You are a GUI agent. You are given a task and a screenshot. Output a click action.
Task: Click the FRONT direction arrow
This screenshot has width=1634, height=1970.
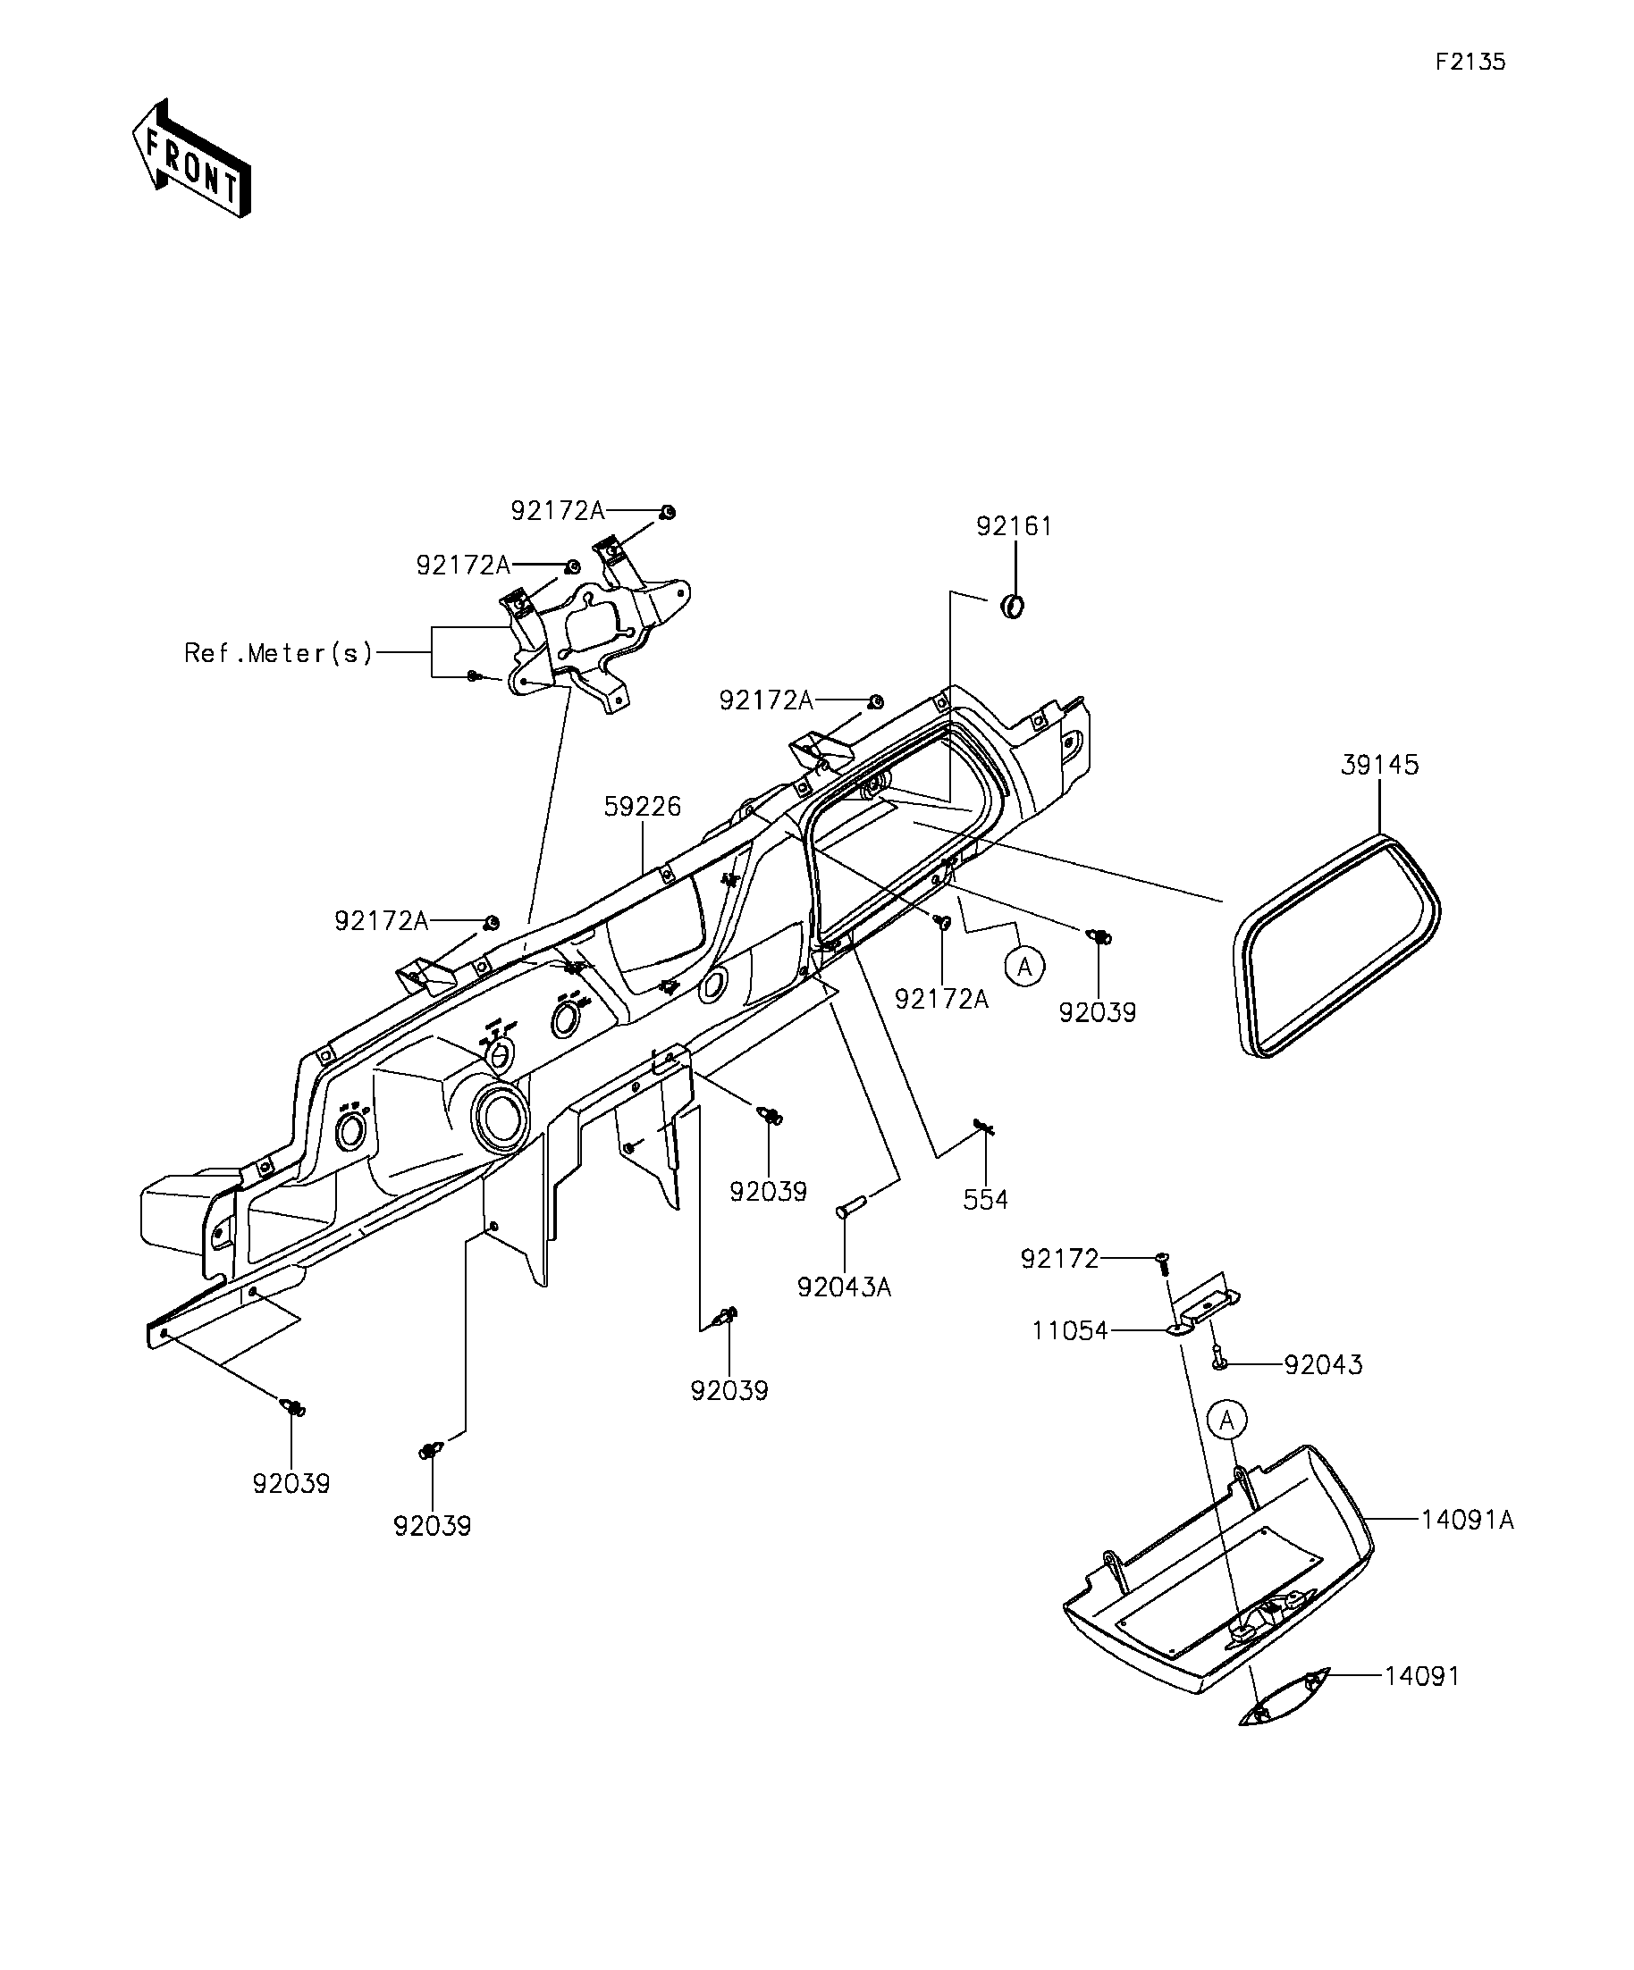(191, 158)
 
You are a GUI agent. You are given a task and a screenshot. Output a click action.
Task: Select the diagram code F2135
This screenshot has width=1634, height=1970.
(1470, 62)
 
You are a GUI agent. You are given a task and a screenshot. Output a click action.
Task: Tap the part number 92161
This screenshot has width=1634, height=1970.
(1014, 526)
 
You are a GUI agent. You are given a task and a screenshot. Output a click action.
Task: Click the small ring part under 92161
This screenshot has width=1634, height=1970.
(1013, 606)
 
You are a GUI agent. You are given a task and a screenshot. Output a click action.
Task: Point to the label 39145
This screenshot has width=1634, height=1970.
(1379, 765)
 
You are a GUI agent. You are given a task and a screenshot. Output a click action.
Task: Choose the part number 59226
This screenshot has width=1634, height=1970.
(642, 806)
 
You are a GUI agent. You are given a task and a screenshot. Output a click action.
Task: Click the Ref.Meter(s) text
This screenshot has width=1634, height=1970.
(279, 653)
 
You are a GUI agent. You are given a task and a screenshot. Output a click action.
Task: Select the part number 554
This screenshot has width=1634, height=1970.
(985, 1199)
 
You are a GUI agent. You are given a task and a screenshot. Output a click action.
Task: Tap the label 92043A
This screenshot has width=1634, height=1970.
(844, 1287)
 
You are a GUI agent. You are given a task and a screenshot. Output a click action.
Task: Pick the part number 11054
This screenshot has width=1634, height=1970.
(1070, 1330)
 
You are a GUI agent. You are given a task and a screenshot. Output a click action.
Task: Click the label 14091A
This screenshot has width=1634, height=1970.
(1467, 1519)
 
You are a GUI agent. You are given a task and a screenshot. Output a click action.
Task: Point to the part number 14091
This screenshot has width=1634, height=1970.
(1423, 1675)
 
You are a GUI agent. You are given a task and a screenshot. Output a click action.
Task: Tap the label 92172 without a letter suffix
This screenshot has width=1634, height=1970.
(1059, 1259)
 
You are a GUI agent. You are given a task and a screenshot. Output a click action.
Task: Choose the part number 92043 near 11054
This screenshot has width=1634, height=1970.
(1323, 1364)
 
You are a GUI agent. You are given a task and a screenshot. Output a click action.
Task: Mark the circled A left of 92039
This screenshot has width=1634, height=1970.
(1025, 967)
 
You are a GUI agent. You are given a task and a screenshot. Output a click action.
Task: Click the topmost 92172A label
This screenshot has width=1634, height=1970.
(558, 510)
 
